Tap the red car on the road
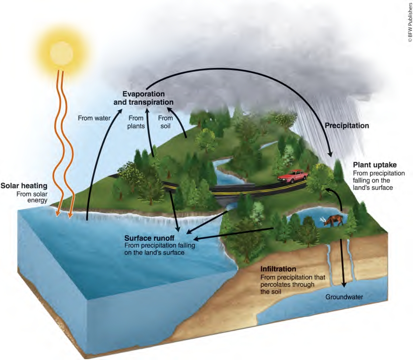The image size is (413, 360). (292, 175)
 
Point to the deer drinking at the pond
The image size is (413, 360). (334, 221)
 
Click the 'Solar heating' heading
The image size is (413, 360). (24, 186)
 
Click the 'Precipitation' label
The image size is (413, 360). (347, 126)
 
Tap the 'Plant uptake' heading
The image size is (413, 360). (374, 165)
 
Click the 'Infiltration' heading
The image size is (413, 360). (278, 268)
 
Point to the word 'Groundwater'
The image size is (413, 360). (344, 297)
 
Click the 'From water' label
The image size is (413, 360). (91, 117)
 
